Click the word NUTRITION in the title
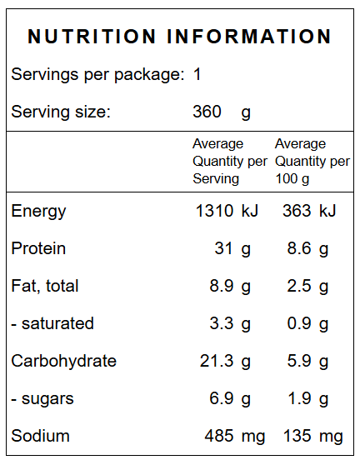point(92,37)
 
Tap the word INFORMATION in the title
point(249,37)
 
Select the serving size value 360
point(207,112)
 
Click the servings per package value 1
point(197,74)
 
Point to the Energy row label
point(38,212)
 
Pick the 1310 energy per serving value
point(214,211)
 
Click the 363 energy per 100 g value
point(297,211)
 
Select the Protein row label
point(38,248)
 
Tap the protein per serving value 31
point(223,248)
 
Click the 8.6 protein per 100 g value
point(299,248)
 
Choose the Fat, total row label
point(45,286)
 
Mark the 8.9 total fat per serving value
point(222,286)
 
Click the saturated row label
point(52,323)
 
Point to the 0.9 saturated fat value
point(299,323)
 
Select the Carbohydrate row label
point(64,361)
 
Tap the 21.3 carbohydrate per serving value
point(217,361)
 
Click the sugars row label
point(42,399)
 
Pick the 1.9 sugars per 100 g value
point(299,398)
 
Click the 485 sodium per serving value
point(219,436)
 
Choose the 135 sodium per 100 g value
point(297,436)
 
